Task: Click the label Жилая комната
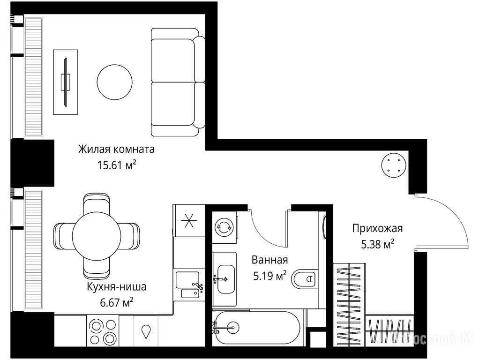(x=116, y=150)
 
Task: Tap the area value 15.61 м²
(x=116, y=165)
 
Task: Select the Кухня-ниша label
(x=116, y=287)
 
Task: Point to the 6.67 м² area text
(x=116, y=303)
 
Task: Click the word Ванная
(x=270, y=260)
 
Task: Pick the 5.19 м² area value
(x=270, y=276)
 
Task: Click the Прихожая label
(x=378, y=228)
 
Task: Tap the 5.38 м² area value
(x=378, y=244)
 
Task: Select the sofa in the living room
(x=178, y=82)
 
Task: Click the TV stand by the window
(x=65, y=82)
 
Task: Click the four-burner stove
(x=102, y=330)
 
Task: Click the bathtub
(x=258, y=328)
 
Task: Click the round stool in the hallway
(x=394, y=165)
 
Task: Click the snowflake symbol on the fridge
(x=189, y=221)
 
